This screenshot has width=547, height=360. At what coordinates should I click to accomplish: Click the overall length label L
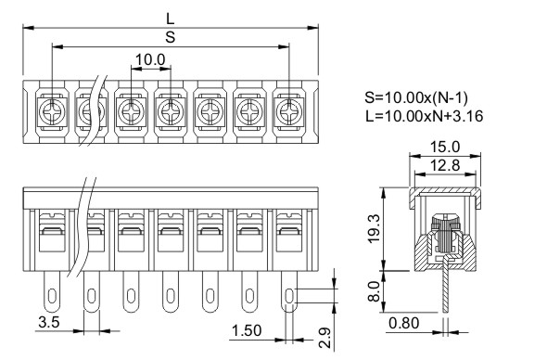coord(170,19)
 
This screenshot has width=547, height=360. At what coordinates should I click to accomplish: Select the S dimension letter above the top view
coord(171,37)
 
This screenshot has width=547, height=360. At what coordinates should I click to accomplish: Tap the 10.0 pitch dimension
coord(150,59)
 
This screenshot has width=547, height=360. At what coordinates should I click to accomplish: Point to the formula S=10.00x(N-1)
coord(416,97)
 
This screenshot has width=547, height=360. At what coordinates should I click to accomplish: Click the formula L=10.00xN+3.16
coord(425,116)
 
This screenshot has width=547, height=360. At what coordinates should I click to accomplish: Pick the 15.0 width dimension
coord(444,147)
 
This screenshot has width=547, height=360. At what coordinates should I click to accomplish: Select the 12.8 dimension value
coord(444,165)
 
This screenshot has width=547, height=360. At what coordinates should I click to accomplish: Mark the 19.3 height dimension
coord(374,228)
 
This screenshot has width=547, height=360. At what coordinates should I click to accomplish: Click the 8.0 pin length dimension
coord(374,291)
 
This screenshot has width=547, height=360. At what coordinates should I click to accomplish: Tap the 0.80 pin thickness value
coord(404,323)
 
